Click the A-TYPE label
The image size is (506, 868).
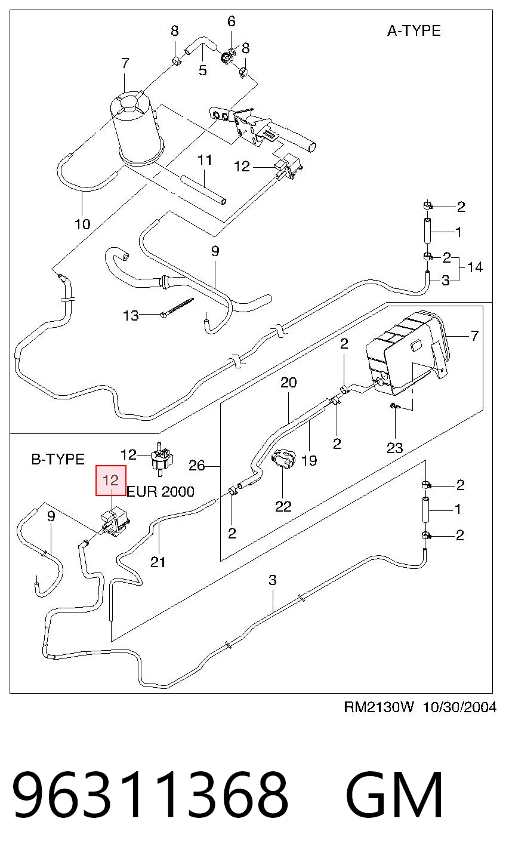(414, 31)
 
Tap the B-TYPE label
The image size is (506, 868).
(58, 460)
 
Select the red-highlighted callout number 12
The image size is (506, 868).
(110, 481)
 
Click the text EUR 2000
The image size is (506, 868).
(161, 492)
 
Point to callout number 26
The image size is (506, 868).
(197, 466)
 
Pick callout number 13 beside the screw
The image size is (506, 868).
(131, 315)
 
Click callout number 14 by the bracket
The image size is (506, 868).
(474, 267)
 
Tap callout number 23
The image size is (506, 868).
(395, 448)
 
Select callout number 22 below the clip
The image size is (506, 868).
(283, 506)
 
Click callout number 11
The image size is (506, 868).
(205, 160)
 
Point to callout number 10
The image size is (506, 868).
(82, 224)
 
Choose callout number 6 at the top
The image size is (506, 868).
(232, 21)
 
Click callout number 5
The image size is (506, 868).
(203, 70)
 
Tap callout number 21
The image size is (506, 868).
(158, 562)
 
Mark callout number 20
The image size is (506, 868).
(289, 383)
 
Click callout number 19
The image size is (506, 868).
(309, 461)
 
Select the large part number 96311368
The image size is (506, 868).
(150, 795)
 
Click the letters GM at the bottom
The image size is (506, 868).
(394, 795)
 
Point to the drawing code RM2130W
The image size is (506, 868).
(379, 707)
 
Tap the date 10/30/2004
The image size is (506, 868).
(459, 707)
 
